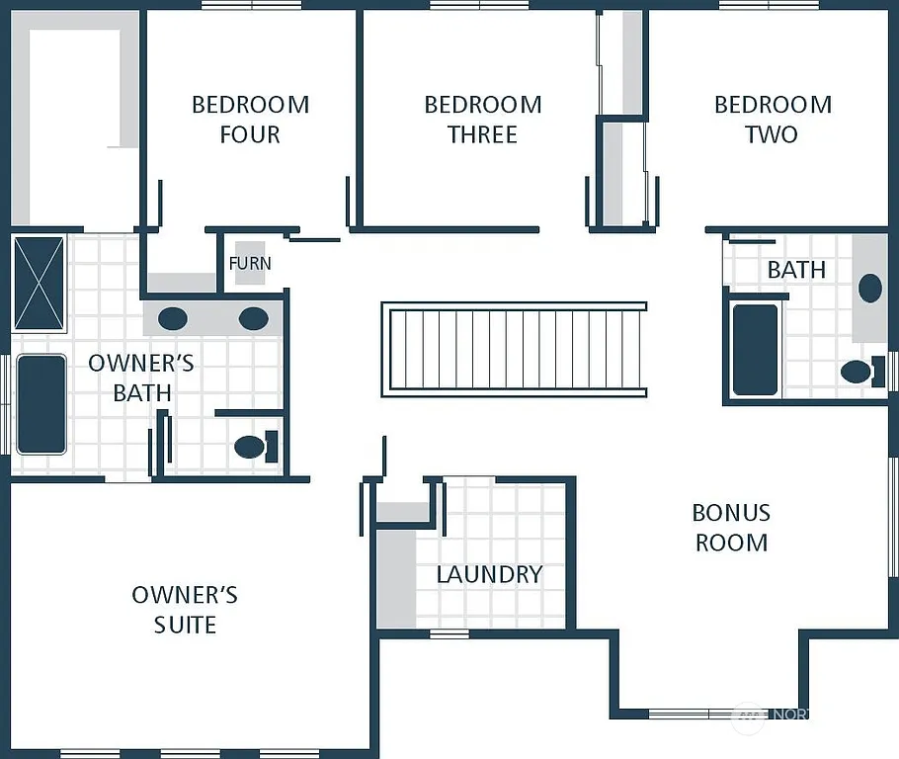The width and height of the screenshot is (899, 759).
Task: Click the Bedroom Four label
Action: click(x=250, y=120)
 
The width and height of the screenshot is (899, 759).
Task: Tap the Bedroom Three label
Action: click(x=482, y=120)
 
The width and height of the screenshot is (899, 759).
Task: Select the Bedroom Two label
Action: click(x=773, y=120)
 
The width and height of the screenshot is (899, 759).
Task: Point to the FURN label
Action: click(x=250, y=264)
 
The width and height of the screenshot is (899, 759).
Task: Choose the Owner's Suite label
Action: click(x=185, y=610)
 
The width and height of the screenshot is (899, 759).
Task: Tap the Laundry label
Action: click(x=489, y=574)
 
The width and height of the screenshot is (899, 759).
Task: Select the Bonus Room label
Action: click(x=731, y=527)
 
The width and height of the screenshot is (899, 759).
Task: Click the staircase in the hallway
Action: click(x=514, y=350)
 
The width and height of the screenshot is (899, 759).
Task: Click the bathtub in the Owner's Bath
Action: click(x=41, y=404)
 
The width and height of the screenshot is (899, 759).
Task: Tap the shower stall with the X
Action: click(x=39, y=283)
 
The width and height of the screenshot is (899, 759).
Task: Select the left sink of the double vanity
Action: click(x=173, y=318)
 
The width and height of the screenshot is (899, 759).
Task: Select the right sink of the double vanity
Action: click(x=253, y=318)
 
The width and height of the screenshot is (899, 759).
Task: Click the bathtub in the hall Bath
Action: click(x=756, y=350)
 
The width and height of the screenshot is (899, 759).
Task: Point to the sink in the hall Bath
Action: click(x=869, y=289)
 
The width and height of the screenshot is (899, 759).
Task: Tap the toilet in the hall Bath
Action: click(x=858, y=373)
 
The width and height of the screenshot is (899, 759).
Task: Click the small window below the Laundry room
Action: click(x=449, y=633)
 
